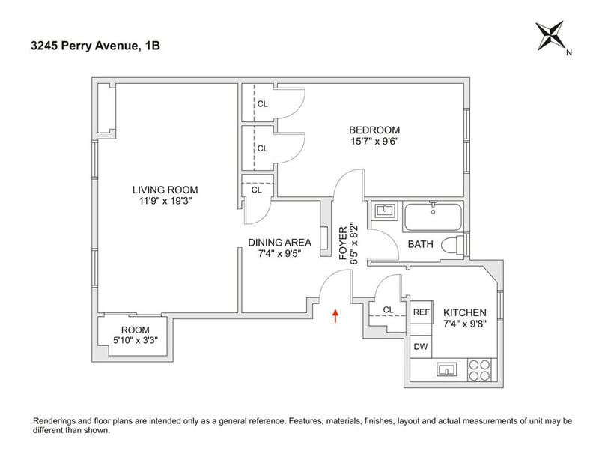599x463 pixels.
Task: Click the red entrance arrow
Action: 335,316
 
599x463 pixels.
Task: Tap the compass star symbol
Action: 550,36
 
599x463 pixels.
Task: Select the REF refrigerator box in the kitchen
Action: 422,312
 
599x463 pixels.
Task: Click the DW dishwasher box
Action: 421,347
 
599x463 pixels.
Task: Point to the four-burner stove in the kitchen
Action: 480,370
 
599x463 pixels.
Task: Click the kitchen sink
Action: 446,369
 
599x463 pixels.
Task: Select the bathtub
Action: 433,217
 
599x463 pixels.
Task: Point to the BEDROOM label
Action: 374,130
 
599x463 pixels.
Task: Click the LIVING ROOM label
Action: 165,190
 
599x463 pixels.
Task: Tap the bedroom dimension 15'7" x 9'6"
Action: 374,142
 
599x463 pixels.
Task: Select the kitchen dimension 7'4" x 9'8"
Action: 464,324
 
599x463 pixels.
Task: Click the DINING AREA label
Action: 279,243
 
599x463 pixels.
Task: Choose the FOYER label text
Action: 344,243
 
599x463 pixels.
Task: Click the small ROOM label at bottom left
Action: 136,330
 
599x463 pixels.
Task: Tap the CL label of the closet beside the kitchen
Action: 388,309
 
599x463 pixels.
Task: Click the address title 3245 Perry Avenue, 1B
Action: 96,46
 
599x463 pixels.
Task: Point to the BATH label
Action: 421,244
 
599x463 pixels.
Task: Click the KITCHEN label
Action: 464,312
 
